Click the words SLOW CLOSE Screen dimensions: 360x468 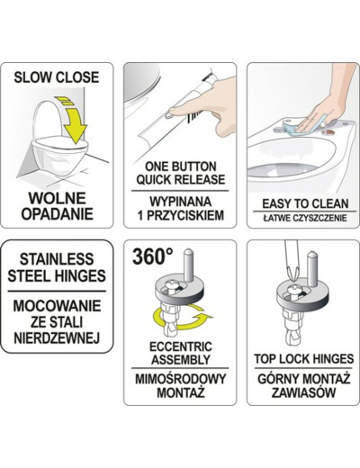(x=57, y=77)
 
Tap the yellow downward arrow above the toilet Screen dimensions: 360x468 (x=74, y=120)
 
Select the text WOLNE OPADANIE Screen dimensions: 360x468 (x=57, y=206)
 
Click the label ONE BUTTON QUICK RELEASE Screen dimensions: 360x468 (x=181, y=173)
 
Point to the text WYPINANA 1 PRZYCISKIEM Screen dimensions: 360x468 (x=181, y=209)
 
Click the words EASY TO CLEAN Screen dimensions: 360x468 (x=305, y=203)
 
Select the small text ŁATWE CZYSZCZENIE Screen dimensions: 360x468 (x=305, y=218)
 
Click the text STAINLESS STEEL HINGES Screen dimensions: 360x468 (x=57, y=267)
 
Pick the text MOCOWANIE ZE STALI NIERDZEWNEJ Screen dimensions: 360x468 (x=57, y=322)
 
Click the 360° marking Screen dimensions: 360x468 (x=153, y=256)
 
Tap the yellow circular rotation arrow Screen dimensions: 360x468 (x=182, y=318)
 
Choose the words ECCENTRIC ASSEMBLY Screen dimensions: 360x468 (x=181, y=353)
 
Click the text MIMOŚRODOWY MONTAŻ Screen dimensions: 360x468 (x=181, y=385)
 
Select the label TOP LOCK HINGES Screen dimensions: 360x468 (x=304, y=359)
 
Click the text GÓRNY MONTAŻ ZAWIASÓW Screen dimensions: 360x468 (x=304, y=385)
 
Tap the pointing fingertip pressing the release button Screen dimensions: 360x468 (x=173, y=111)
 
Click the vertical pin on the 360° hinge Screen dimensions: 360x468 (x=188, y=265)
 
